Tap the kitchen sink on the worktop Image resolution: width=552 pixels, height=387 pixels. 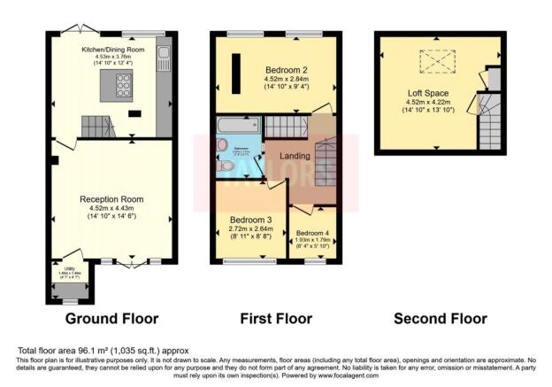164,59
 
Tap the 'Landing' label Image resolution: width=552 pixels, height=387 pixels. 295,157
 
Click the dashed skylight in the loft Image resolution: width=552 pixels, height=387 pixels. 434,60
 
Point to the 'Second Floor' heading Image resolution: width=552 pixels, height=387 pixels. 440,318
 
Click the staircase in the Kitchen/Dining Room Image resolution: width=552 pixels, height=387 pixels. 99,129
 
